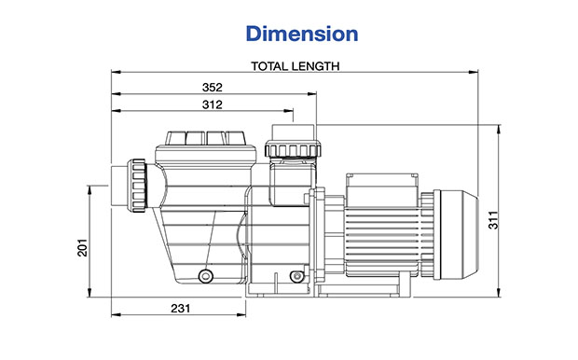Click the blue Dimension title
pyautogui.click(x=302, y=34)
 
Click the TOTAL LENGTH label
pyautogui.click(x=295, y=66)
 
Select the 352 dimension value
pyautogui.click(x=213, y=88)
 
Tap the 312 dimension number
pyautogui.click(x=213, y=104)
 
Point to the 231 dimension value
pyautogui.click(x=181, y=309)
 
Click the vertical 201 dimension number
pyautogui.click(x=82, y=247)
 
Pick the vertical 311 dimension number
pyautogui.click(x=493, y=220)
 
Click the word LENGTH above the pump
pyautogui.click(x=315, y=66)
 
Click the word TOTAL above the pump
pyautogui.click(x=269, y=66)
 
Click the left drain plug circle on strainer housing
pyautogui.click(x=205, y=275)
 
